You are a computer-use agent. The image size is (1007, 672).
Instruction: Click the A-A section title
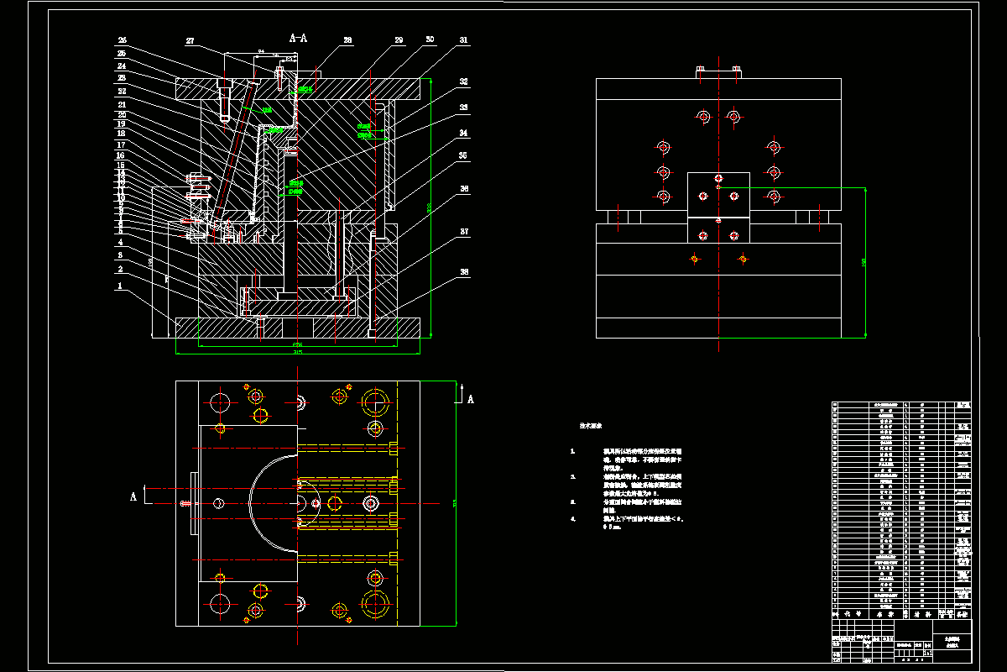[298, 38]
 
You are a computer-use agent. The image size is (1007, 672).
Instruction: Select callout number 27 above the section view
[190, 41]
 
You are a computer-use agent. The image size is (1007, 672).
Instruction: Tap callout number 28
[347, 40]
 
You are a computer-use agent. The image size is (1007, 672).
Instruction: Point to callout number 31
[464, 40]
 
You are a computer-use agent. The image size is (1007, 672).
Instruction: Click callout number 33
[464, 108]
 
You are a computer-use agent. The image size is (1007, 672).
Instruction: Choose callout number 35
[464, 156]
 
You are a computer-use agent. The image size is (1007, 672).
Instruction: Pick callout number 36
[464, 190]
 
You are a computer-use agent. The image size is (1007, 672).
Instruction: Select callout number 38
[464, 272]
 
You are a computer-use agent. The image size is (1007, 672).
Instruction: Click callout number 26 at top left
[122, 40]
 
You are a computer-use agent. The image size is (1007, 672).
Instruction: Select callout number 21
[122, 105]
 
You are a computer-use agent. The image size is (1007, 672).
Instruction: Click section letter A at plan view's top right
[470, 399]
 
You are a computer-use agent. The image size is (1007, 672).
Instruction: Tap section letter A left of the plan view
[133, 496]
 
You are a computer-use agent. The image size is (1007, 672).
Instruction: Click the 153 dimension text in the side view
[864, 263]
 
